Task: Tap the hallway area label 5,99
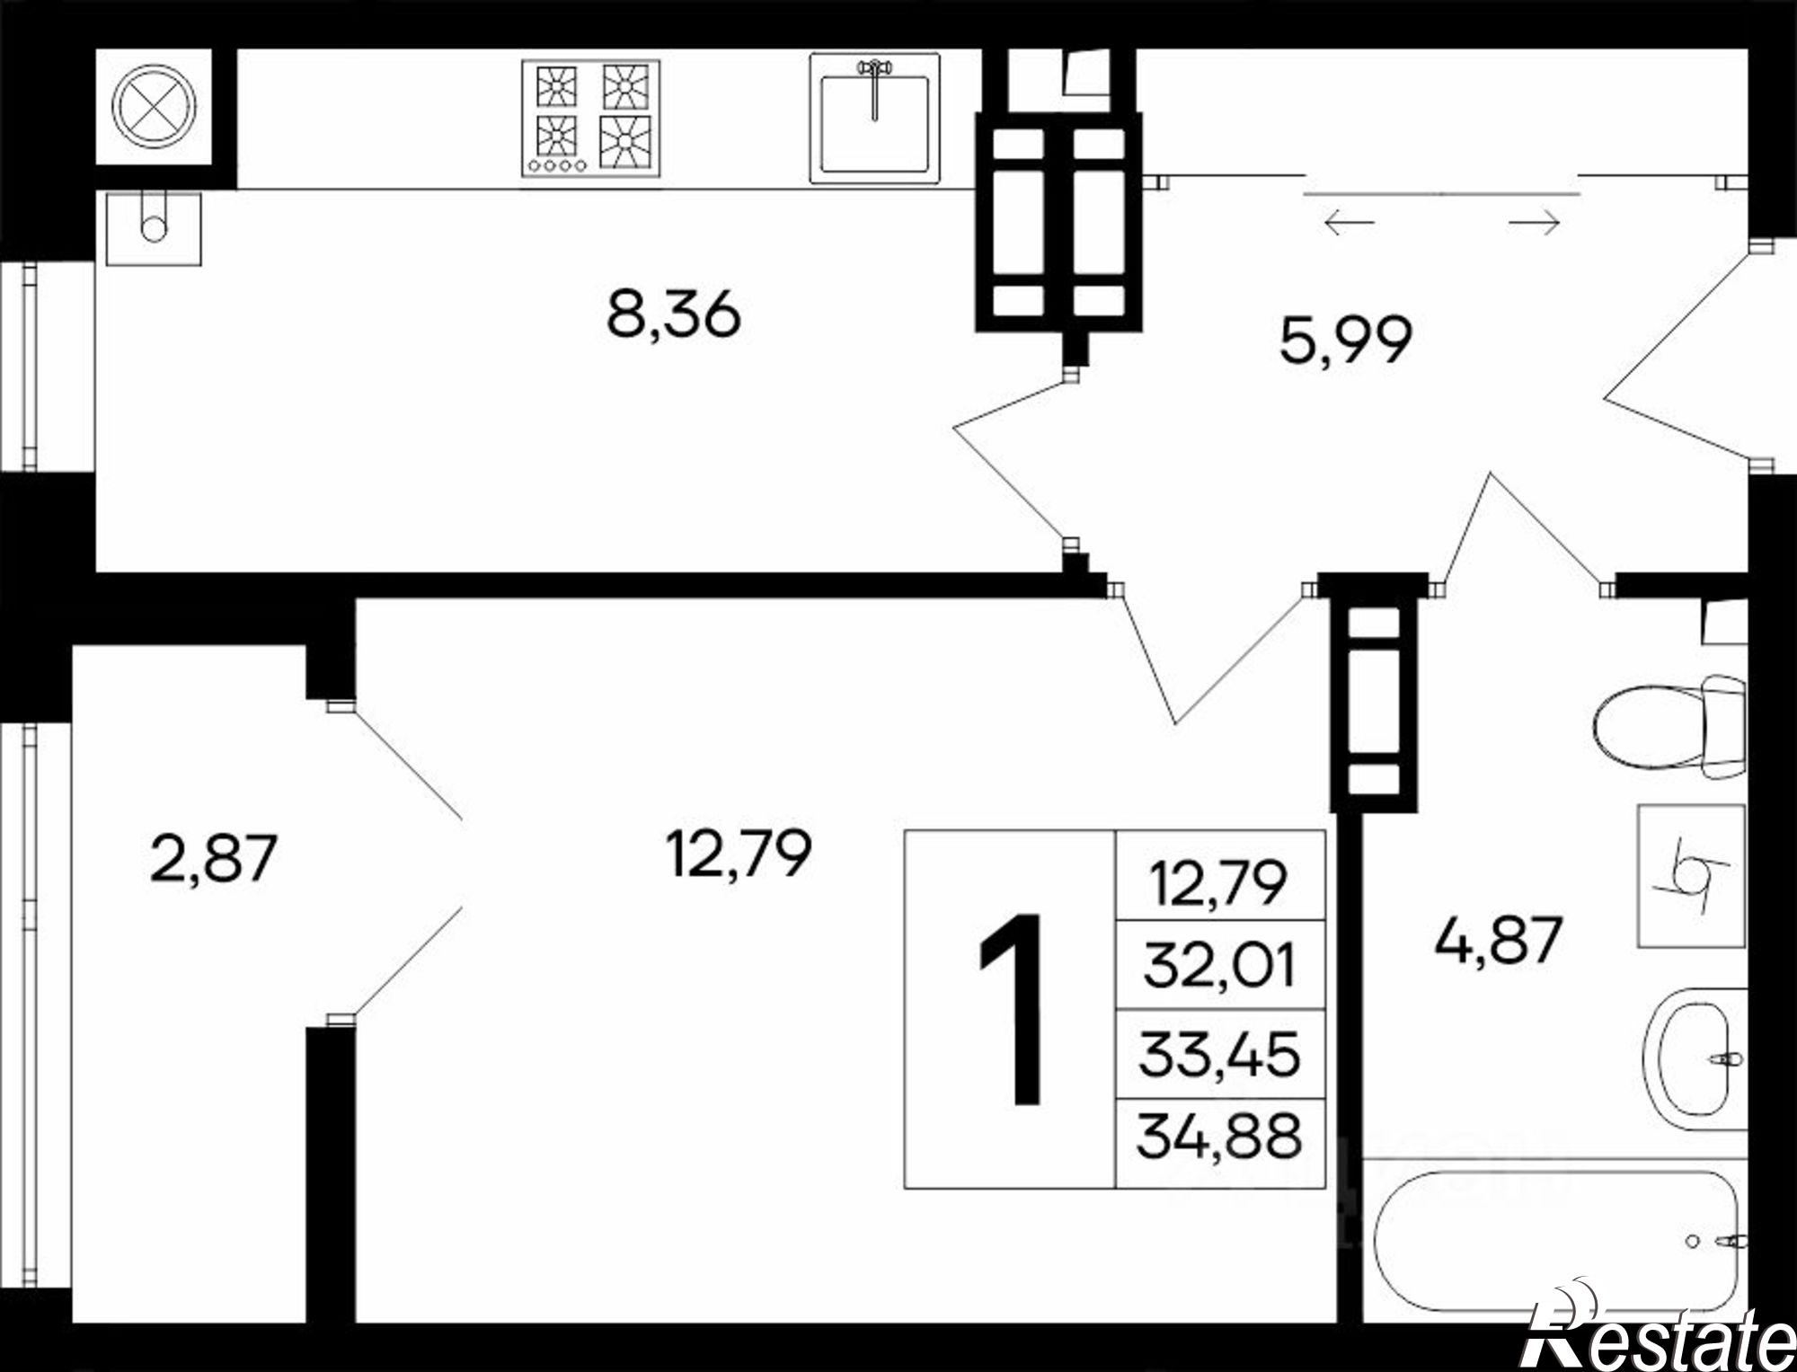point(1345,340)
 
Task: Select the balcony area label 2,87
point(213,858)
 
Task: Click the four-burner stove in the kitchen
point(590,118)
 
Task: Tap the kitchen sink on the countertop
point(874,118)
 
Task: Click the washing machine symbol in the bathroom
point(1691,876)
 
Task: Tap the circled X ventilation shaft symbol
point(154,106)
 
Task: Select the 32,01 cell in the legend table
point(1220,964)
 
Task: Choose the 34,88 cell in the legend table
point(1220,1142)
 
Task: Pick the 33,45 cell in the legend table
point(1220,1053)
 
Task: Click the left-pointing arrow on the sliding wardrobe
point(1350,221)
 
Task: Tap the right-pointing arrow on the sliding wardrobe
point(1534,221)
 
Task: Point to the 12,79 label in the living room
point(739,853)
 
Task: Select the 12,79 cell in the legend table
point(1220,876)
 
